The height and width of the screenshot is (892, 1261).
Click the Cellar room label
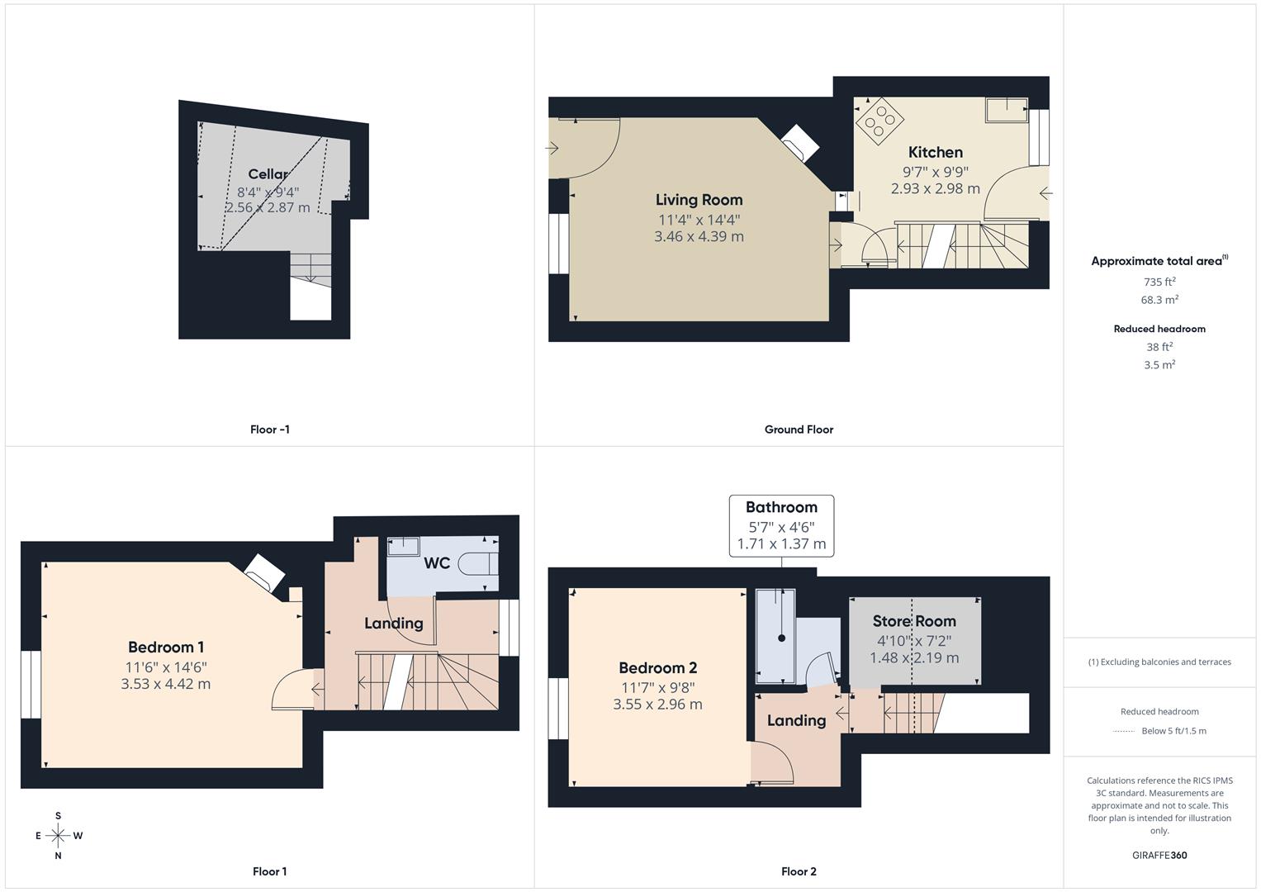coord(268,174)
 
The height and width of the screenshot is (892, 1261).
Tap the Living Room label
coord(699,200)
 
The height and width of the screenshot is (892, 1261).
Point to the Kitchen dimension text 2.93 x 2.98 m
coord(935,188)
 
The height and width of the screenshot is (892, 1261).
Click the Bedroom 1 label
coord(165,648)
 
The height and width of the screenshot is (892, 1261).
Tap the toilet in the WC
coord(479,563)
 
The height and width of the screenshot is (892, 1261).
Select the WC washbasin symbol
coord(403,545)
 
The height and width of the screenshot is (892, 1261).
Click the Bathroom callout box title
coord(781,507)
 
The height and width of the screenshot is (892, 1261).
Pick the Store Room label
coord(914,621)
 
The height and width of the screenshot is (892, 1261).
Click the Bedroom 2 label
coord(657,668)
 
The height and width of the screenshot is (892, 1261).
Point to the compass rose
coord(58,836)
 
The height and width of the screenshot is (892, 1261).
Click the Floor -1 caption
coord(269,429)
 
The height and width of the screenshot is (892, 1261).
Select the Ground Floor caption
coord(799,429)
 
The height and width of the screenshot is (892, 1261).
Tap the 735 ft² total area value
coord(1159,282)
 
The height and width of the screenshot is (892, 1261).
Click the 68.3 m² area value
coord(1159,300)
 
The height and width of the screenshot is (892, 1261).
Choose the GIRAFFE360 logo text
coord(1159,856)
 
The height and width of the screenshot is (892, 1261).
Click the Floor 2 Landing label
coord(796,721)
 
